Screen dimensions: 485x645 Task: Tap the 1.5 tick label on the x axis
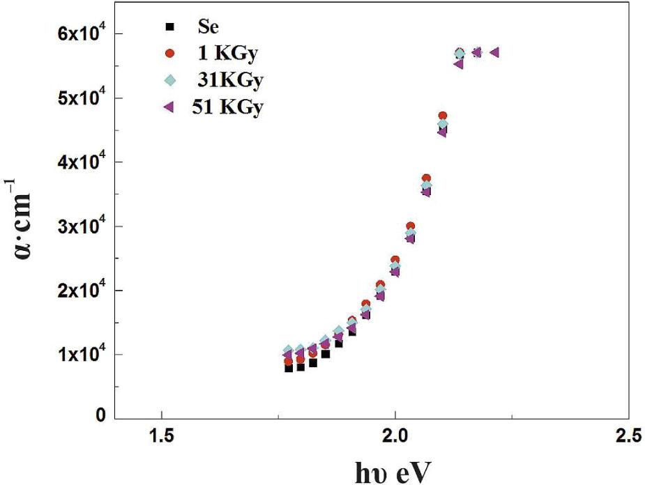[162, 437]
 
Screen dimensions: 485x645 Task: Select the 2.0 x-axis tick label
[395, 437]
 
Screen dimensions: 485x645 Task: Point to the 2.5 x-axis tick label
[626, 437]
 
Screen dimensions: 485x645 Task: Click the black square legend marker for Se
[167, 26]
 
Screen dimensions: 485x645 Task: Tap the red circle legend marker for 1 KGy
[167, 54]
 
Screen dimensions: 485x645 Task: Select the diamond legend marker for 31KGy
[167, 81]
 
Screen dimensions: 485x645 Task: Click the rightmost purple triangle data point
[494, 52]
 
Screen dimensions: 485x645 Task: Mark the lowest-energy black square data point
[289, 367]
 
